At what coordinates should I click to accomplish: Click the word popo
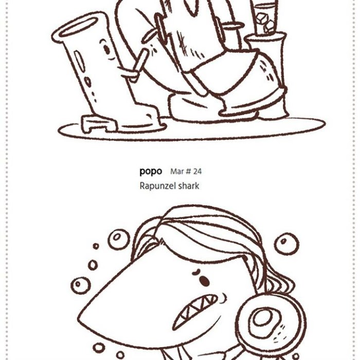pyautogui.click(x=151, y=171)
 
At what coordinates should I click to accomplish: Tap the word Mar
pyautogui.click(x=177, y=171)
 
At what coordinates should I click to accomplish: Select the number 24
pyautogui.click(x=197, y=171)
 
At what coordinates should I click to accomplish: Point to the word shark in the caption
pyautogui.click(x=189, y=186)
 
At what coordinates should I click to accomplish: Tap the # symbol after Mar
pyautogui.click(x=188, y=171)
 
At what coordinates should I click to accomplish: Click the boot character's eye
pyautogui.click(x=107, y=48)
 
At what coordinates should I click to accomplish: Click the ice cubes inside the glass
pyautogui.click(x=266, y=22)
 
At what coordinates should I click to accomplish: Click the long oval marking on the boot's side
pyautogui.click(x=79, y=61)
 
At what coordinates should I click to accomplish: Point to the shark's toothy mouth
pyautogui.click(x=195, y=310)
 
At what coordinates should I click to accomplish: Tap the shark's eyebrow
pyautogui.click(x=197, y=272)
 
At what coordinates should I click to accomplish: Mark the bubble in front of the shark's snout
pyautogui.click(x=80, y=285)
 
